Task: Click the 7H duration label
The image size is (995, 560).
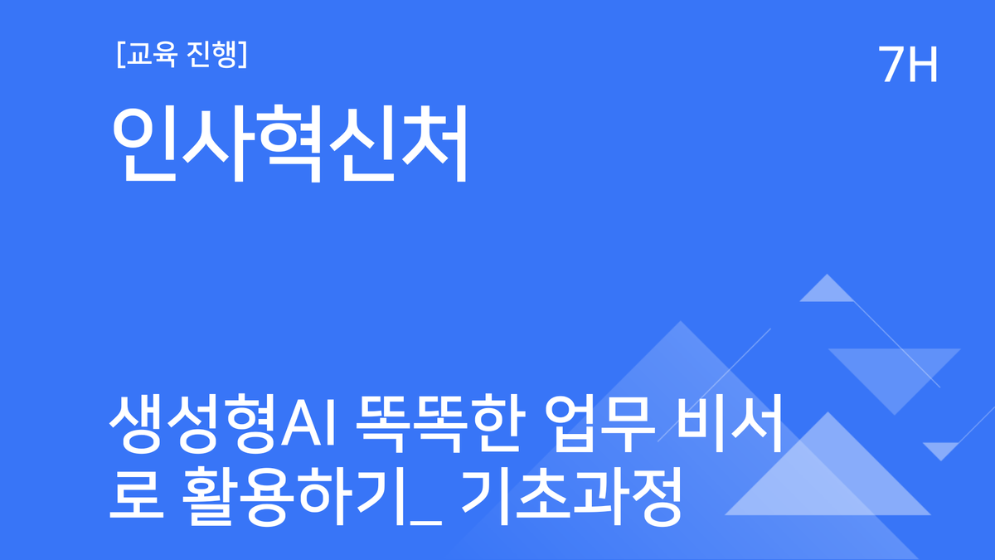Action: coord(909,64)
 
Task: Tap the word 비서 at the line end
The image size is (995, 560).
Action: coord(733,426)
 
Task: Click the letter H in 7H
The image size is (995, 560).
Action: coord(923,64)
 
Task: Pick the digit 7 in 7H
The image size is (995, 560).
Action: coord(892,64)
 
